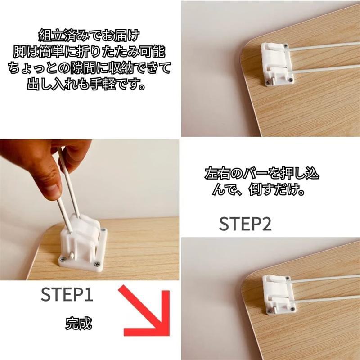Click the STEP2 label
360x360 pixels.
click(x=245, y=224)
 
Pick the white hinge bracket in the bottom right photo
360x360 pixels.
click(x=279, y=293)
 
